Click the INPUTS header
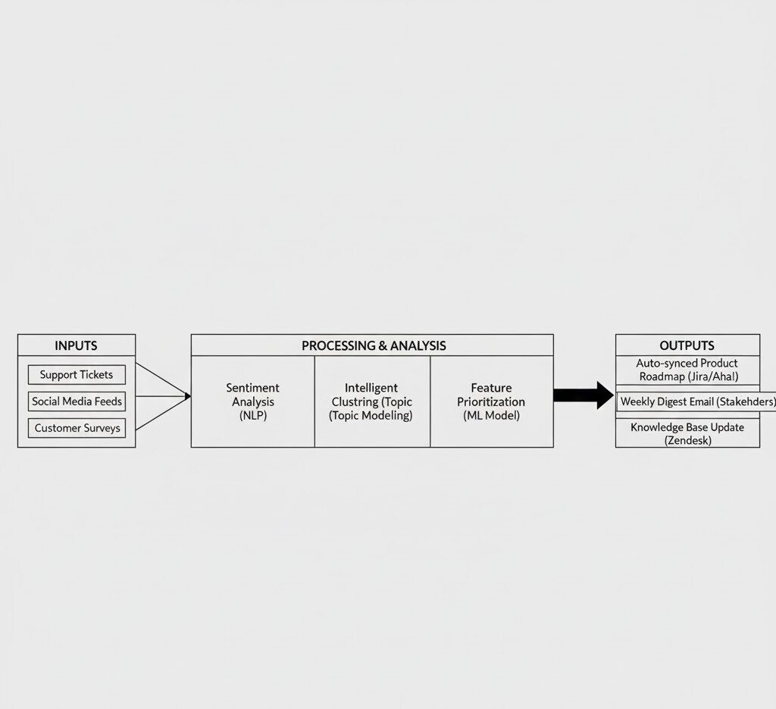[x=76, y=345]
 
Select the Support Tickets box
[x=77, y=374]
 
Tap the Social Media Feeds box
[x=77, y=401]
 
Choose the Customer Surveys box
[x=77, y=428]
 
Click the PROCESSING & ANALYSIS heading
[x=373, y=345]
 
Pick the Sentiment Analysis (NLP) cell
[x=252, y=401]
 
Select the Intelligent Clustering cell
[x=371, y=401]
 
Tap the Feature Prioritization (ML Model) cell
[x=490, y=401]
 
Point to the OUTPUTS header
[x=687, y=345]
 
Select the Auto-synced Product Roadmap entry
[x=687, y=370]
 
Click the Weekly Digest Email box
[x=696, y=401]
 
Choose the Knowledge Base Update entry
[x=687, y=433]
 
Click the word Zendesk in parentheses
[x=687, y=440]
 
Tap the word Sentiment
[x=252, y=388]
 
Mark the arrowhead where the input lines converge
[x=187, y=395]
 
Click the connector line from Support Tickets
[x=161, y=380]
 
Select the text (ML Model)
[x=490, y=415]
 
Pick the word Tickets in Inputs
[x=95, y=374]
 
